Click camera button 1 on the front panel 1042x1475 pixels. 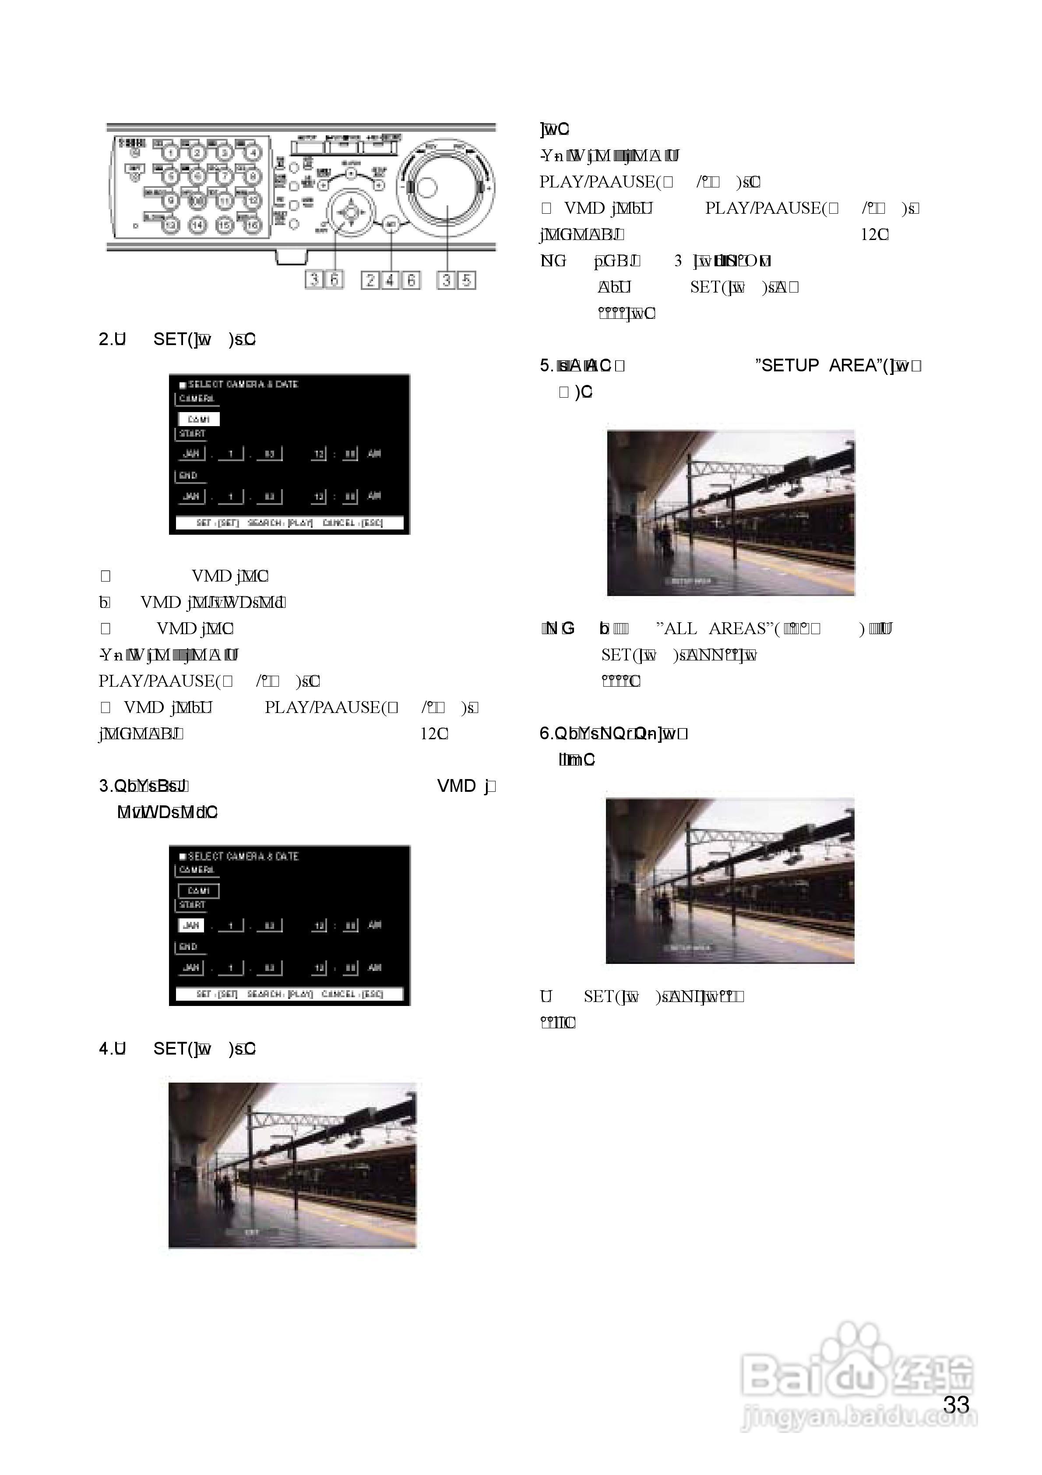(171, 153)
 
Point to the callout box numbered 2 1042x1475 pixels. (370, 280)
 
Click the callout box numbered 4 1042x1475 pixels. (391, 280)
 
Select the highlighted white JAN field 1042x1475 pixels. (191, 925)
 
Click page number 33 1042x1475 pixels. (956, 1405)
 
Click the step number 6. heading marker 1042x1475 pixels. (546, 734)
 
